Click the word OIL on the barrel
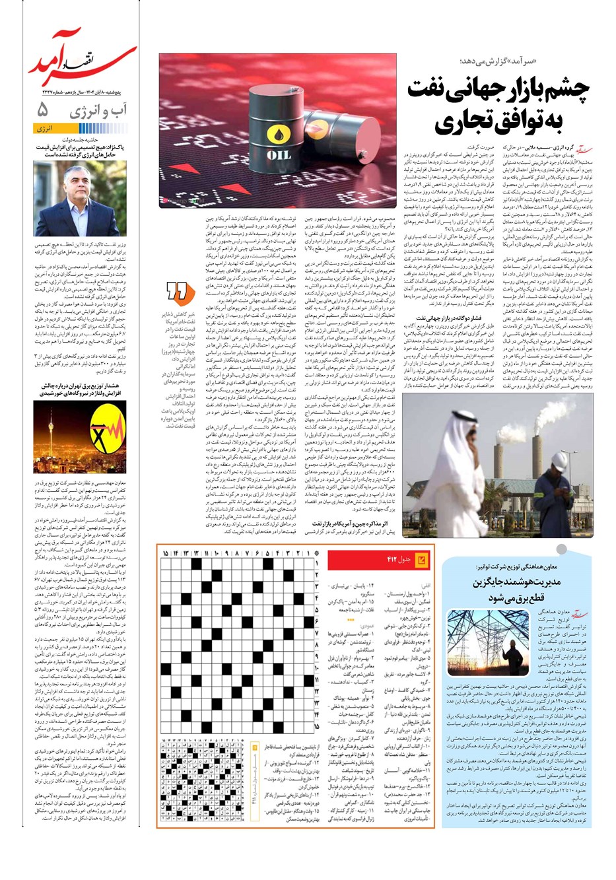pyautogui.click(x=278, y=155)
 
